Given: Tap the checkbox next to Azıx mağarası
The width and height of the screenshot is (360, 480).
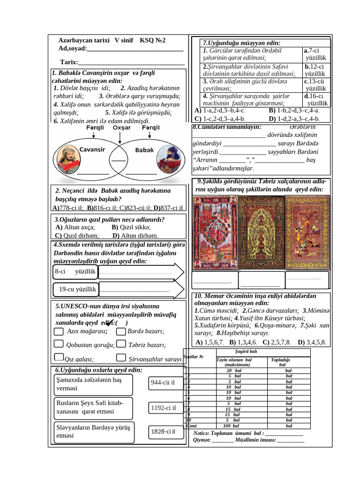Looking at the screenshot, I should pyautogui.click(x=59, y=331).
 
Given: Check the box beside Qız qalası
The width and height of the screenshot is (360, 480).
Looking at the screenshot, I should pyautogui.click(x=59, y=359).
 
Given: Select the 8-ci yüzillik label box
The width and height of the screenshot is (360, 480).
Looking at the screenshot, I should pyautogui.click(x=75, y=272).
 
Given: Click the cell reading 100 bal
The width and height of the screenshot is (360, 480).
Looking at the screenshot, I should pyautogui.click(x=232, y=426).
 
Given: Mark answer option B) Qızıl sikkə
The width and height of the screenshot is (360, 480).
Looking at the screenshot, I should pyautogui.click(x=124, y=227).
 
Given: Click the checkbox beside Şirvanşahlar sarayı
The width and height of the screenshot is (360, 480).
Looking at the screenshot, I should pyautogui.click(x=120, y=359).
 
